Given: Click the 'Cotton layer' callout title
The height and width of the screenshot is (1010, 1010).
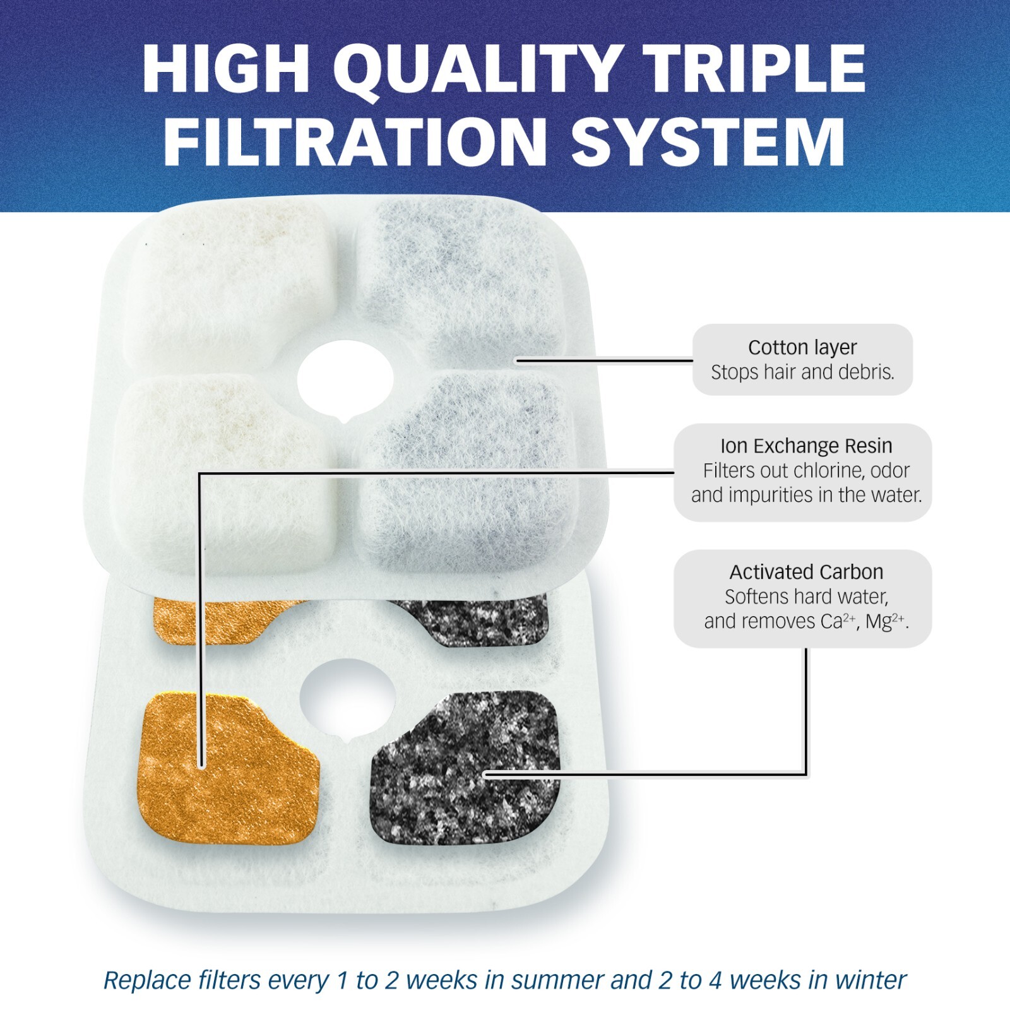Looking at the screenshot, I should tap(802, 347).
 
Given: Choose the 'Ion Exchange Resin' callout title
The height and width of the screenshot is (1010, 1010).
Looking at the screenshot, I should tap(806, 446).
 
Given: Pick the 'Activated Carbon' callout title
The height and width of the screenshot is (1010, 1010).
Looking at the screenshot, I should tap(806, 572).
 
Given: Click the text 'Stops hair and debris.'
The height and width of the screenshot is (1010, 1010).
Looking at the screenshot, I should tap(802, 372).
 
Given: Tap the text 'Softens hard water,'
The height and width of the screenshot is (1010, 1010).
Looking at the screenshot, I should tap(806, 597).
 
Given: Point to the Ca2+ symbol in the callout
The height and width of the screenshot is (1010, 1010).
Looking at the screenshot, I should tap(838, 622).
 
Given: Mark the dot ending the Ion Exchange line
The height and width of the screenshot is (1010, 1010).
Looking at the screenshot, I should tap(201, 765).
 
